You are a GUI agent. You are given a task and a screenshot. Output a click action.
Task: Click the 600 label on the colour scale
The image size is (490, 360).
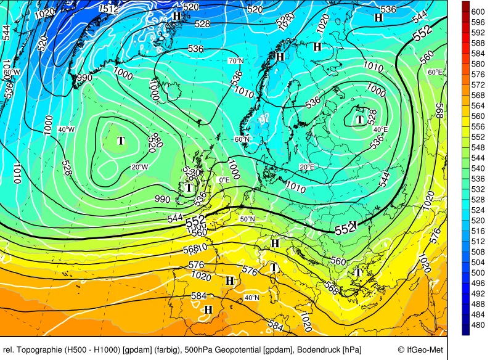click(478, 12)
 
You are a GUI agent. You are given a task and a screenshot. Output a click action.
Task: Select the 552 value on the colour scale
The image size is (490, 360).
click(478, 137)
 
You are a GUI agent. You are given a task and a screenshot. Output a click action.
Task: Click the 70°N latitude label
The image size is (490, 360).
click(235, 61)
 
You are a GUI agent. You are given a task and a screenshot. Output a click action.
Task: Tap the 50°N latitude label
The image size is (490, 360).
click(247, 219)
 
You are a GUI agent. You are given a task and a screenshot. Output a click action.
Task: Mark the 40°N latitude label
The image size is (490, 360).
click(251, 297)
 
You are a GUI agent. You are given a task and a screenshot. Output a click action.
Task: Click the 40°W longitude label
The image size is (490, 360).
click(66, 129)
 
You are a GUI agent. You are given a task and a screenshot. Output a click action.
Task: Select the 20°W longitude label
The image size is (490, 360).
click(139, 167)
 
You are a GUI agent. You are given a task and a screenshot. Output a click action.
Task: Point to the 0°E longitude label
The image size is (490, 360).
click(224, 179)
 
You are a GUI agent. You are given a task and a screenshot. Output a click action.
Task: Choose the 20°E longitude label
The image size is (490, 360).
click(307, 167)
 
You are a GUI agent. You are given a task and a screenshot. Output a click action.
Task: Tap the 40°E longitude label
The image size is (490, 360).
click(381, 129)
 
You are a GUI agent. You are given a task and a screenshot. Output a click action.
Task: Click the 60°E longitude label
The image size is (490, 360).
click(435, 72)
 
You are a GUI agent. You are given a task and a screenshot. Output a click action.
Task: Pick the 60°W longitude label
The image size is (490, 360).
click(11, 72)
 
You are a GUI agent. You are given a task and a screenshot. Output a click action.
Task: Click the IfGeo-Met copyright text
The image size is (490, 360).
click(420, 350)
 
